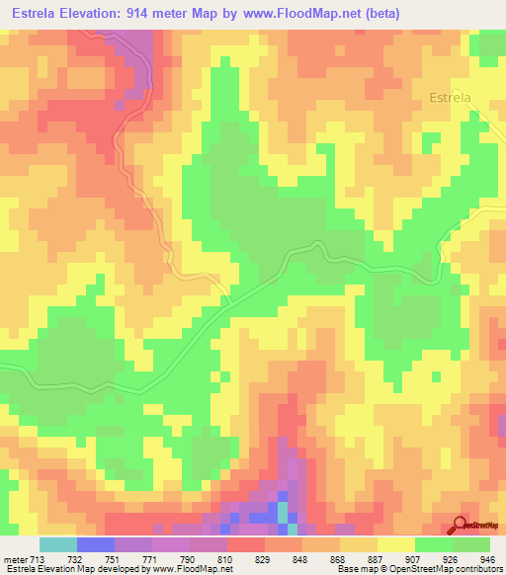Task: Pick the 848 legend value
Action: pyautogui.click(x=302, y=558)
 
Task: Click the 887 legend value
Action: pyautogui.click(x=377, y=558)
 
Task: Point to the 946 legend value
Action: pyautogui.click(x=486, y=558)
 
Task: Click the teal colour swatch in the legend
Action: pyautogui.click(x=57, y=544)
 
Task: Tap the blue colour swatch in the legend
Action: pyautogui.click(x=95, y=544)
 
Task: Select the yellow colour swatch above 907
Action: pyautogui.click(x=395, y=544)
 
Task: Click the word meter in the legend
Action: pyautogui.click(x=16, y=558)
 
